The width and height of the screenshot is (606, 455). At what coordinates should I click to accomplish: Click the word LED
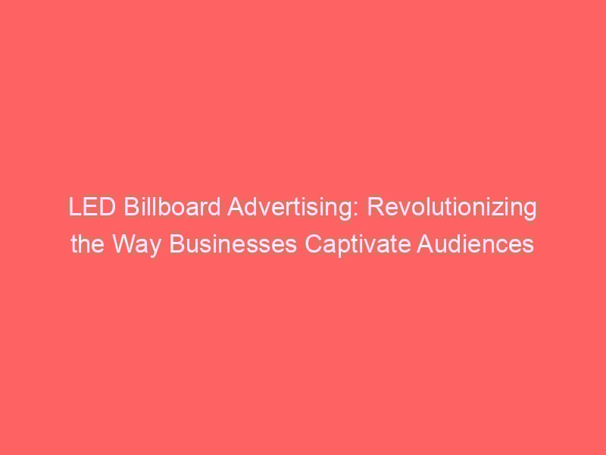click(92, 207)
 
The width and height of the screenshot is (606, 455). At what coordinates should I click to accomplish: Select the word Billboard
click(172, 207)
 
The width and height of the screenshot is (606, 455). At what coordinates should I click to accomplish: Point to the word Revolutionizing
click(451, 208)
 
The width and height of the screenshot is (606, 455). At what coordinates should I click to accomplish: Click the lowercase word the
click(87, 244)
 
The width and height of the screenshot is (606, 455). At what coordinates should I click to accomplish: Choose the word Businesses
click(233, 244)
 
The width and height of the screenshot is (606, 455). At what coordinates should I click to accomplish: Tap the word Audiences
click(476, 244)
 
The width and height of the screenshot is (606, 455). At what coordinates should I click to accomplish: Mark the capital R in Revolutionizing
click(374, 207)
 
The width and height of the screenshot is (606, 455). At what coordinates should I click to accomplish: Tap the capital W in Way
click(124, 244)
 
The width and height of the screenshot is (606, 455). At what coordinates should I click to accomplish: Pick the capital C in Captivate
click(313, 244)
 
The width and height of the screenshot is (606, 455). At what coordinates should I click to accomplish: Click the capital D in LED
click(107, 207)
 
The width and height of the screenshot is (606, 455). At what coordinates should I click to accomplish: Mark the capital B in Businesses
click(176, 244)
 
